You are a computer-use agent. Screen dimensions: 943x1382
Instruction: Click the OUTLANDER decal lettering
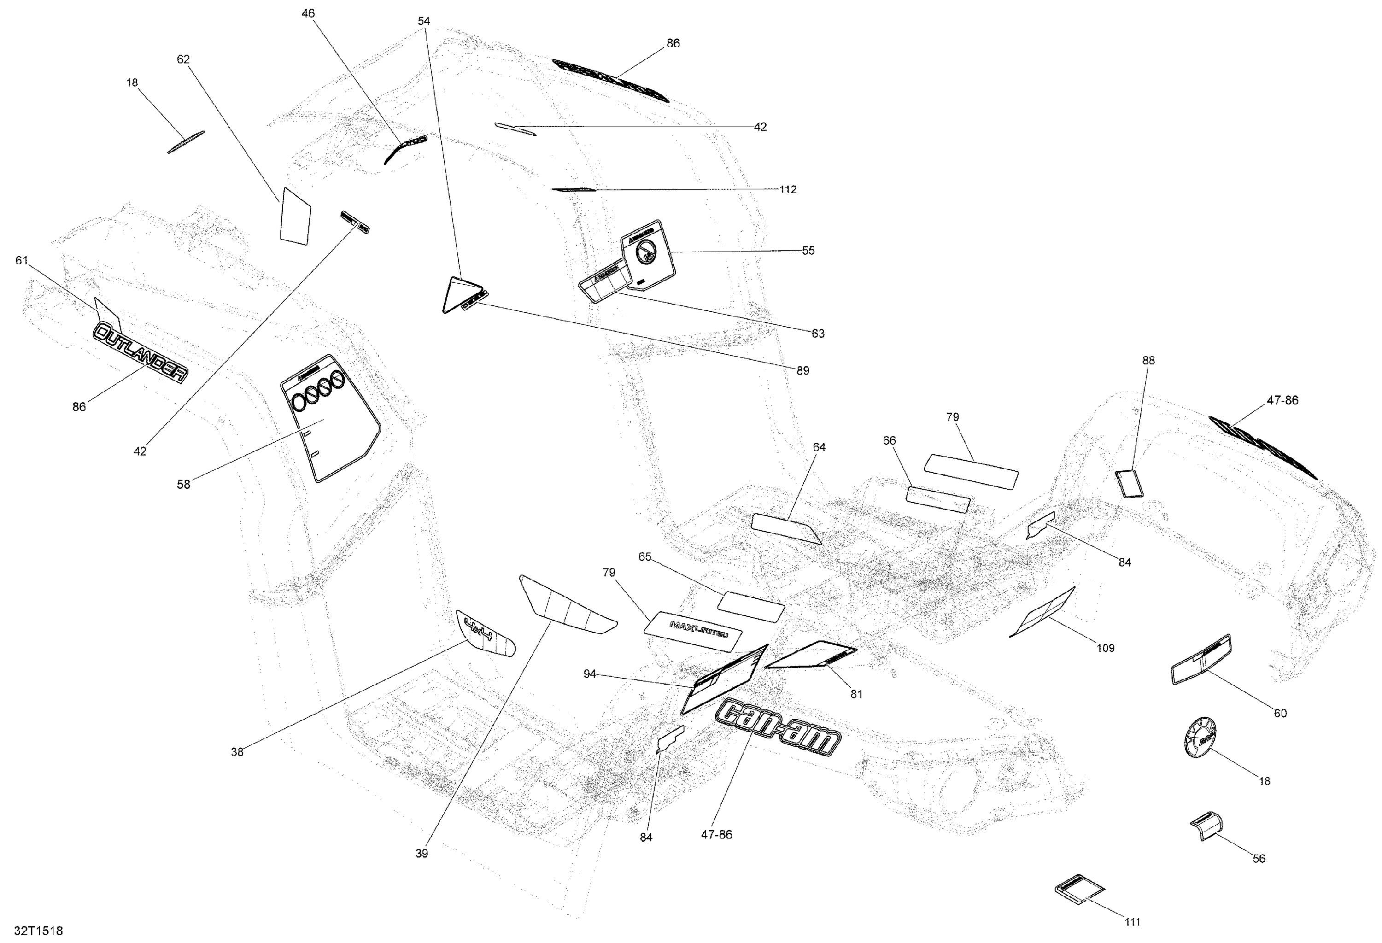coord(141,352)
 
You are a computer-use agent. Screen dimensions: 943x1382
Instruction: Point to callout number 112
coord(787,190)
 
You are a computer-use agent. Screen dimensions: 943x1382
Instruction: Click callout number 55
coord(808,251)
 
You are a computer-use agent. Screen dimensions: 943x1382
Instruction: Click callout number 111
coord(1132,922)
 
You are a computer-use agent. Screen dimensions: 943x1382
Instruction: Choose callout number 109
coord(1105,648)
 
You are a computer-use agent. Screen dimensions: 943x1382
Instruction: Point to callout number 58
coord(183,485)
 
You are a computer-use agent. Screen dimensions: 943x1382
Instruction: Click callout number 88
coord(1148,360)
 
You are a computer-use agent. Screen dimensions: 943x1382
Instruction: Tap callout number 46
coord(308,13)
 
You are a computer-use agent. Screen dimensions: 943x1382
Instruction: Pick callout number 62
coord(183,59)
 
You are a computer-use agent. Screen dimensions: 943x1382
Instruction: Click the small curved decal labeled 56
coord(1206,827)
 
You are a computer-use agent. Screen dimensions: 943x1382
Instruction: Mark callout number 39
coord(421,854)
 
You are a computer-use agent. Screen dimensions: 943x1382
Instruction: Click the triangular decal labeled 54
coord(461,294)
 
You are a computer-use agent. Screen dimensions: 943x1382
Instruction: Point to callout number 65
coord(644,557)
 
